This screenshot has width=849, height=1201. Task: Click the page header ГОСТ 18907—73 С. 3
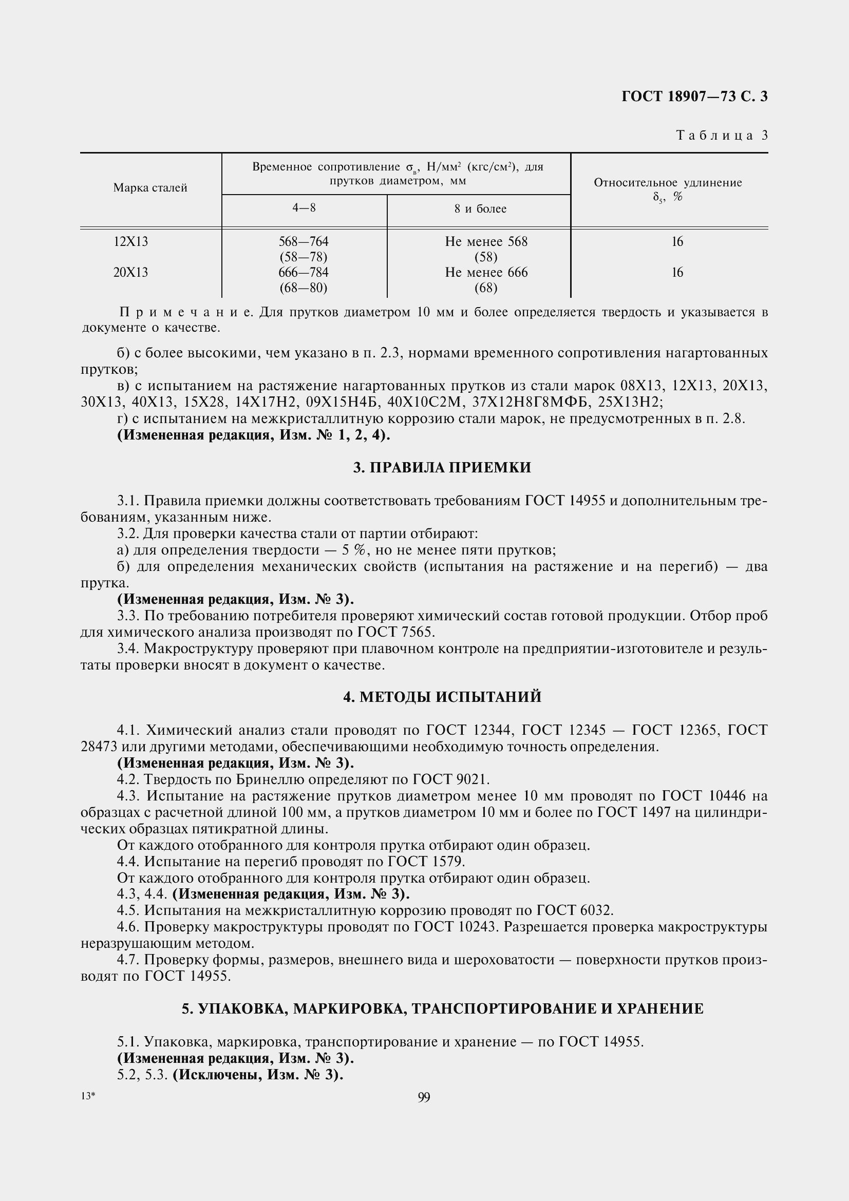coord(694,97)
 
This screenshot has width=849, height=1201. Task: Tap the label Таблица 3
coord(722,136)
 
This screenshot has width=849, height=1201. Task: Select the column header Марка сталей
coord(150,188)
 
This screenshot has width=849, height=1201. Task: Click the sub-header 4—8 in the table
coord(304,207)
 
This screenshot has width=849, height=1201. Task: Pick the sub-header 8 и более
coord(480,208)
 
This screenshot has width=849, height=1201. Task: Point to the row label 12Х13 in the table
coord(131,242)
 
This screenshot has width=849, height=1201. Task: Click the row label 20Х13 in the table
coord(131,273)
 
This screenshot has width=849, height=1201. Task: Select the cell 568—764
coord(304,242)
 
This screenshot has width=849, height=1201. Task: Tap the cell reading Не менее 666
coord(486,273)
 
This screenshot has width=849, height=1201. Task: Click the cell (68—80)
coord(304,288)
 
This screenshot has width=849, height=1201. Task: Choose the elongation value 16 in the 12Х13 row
coord(677,242)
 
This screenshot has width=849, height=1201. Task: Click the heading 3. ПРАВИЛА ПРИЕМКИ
coord(442,468)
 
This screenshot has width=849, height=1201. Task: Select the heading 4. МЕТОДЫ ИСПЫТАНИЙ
coord(442,697)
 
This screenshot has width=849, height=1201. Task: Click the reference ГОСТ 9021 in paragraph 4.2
coord(450,779)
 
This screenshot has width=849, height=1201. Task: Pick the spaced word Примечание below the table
coord(186,313)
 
